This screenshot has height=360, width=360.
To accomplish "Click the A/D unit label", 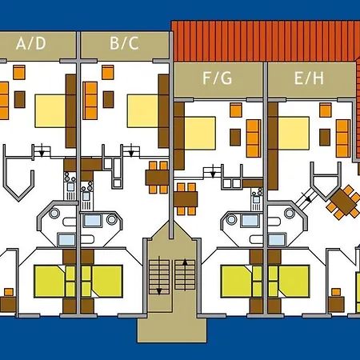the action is [x=31, y=44].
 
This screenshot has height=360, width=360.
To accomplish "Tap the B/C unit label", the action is [x=124, y=43].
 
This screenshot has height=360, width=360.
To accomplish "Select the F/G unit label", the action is [x=218, y=78].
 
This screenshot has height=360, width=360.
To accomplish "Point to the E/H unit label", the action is [x=309, y=78].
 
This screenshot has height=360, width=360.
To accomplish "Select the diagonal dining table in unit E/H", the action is [x=343, y=202].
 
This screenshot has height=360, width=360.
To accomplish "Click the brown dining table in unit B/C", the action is [x=157, y=178].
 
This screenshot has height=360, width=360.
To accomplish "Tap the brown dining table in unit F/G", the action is [x=186, y=199].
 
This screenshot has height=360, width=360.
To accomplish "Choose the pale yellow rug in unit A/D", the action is [x=50, y=111].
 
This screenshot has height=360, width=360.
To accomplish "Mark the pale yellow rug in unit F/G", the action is [x=200, y=133].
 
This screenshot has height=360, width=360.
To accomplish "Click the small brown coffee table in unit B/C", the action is [x=109, y=99].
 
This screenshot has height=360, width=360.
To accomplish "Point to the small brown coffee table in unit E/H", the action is [x=325, y=138].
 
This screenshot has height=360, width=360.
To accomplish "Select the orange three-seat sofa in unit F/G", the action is [x=254, y=138].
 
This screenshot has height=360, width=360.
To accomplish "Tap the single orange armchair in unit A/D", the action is [x=19, y=72].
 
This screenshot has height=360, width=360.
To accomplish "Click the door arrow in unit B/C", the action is [x=131, y=150].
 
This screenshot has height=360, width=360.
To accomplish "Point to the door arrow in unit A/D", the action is [x=42, y=150].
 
